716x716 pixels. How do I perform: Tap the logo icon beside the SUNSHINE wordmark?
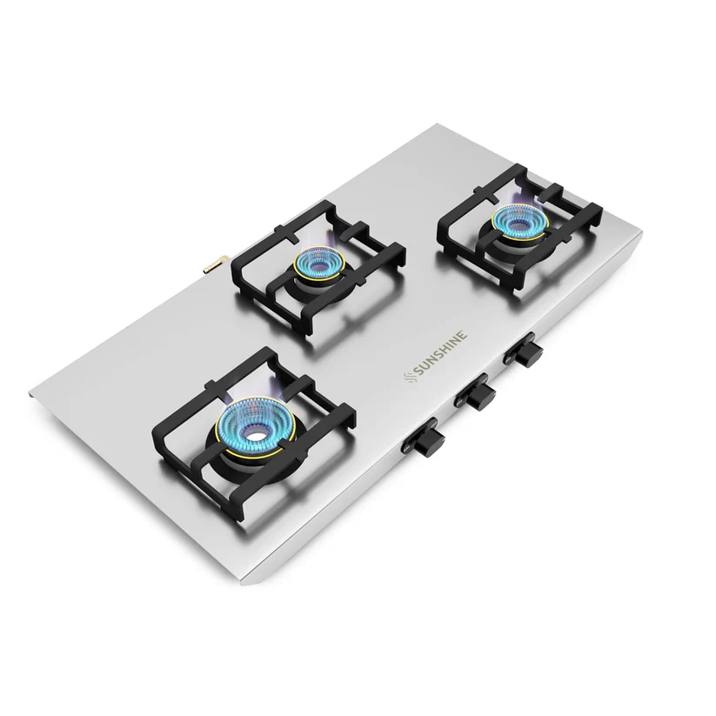409,376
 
